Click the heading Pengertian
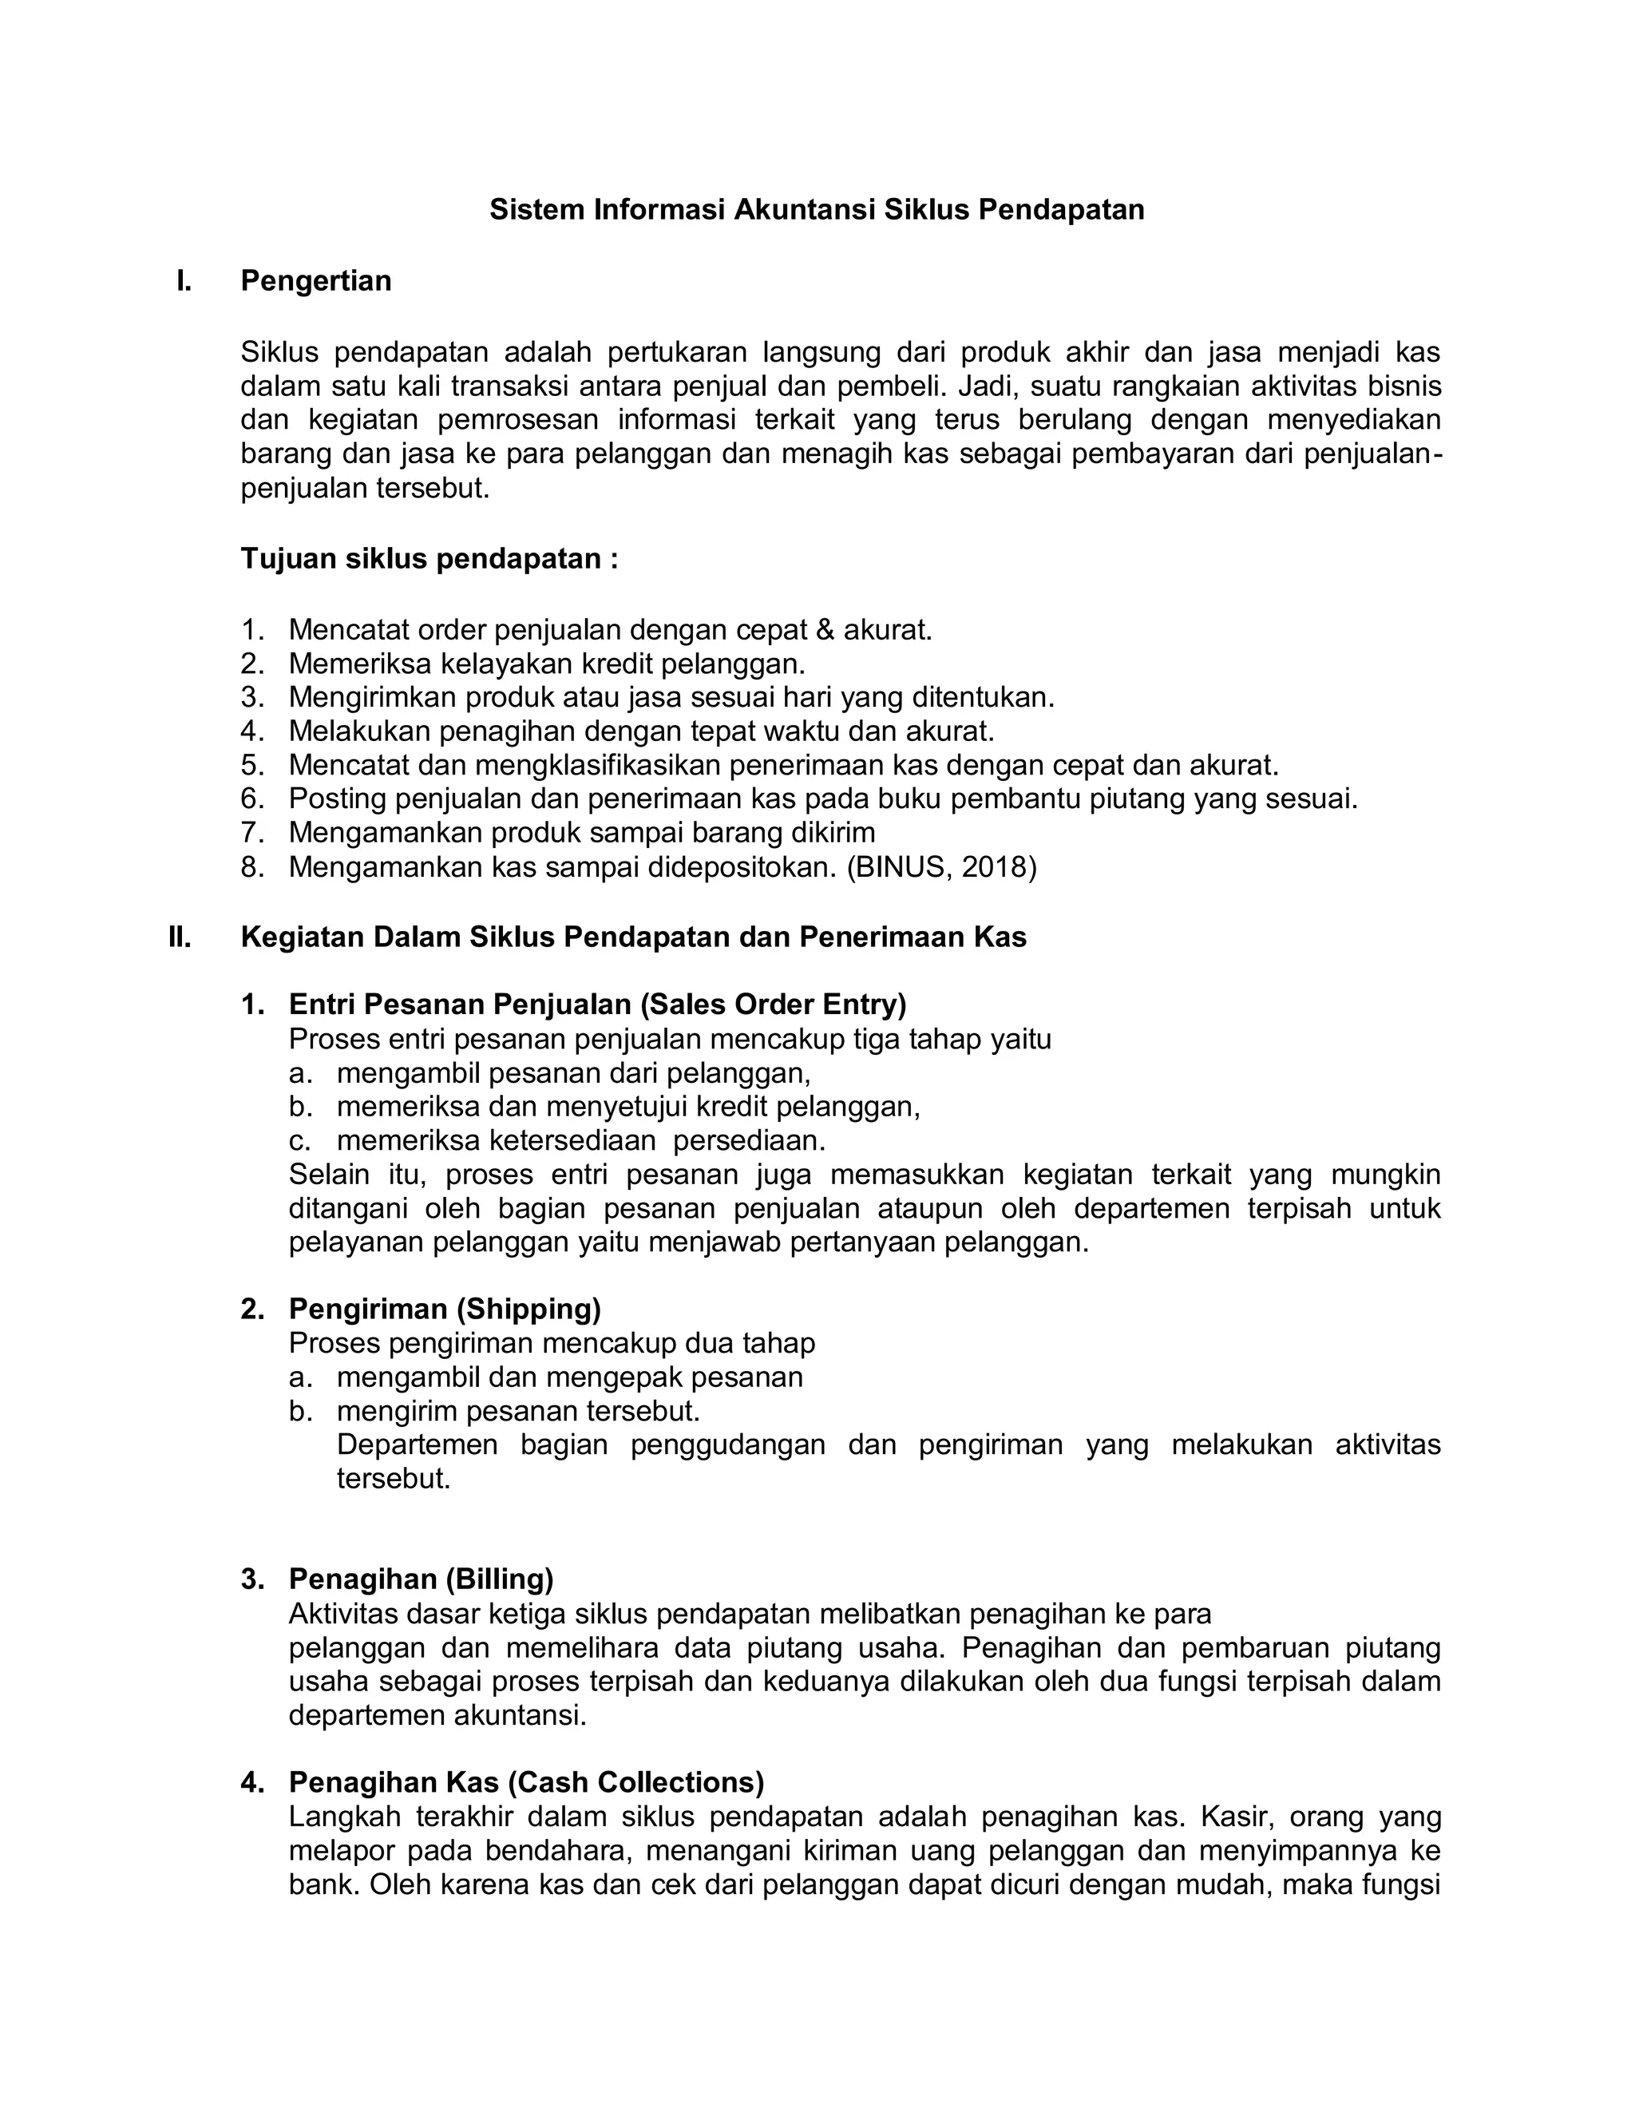[316, 281]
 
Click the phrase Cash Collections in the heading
[636, 1783]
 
